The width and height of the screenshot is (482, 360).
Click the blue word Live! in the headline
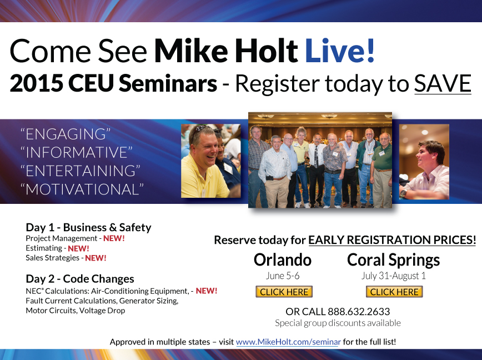coord(340,51)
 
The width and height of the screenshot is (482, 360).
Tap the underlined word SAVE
coord(443,83)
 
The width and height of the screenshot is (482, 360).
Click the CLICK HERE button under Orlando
coord(284,292)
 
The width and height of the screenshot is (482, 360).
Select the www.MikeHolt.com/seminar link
coord(288,342)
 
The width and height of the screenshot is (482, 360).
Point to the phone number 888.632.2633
coord(359,312)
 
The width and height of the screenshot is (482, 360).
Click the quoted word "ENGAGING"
coord(66,134)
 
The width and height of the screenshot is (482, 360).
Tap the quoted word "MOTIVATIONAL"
coord(82,189)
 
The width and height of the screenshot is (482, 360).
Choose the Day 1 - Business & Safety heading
coord(88,227)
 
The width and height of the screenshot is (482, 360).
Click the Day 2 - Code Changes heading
coord(80,278)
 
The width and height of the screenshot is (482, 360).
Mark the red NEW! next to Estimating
coord(78,248)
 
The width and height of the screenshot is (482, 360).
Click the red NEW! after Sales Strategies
coord(96,258)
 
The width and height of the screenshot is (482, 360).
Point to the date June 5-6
coord(283,276)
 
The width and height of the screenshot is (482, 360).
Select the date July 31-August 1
coord(394,276)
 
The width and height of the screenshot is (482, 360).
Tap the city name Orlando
coord(283,260)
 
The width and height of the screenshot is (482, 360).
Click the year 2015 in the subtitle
coord(36,83)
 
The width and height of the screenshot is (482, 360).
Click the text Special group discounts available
coord(338,323)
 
